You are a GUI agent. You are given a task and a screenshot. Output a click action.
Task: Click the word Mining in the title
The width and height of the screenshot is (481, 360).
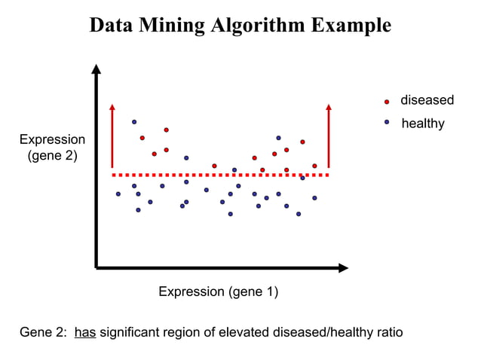173,25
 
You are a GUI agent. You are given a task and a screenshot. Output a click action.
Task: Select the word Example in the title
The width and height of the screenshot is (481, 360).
351,25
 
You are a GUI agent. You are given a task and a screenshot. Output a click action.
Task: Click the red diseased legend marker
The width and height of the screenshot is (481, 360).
387,101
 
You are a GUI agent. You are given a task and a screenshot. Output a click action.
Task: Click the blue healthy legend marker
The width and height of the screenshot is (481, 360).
387,122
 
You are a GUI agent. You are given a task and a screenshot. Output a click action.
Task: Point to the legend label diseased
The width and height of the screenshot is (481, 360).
427,100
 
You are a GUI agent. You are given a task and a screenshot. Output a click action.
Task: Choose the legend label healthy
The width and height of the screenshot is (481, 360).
423,123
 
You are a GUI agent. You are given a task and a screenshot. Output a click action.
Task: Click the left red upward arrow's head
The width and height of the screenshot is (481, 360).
112,107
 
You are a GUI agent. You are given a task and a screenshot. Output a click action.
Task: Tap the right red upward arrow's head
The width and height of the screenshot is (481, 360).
329,107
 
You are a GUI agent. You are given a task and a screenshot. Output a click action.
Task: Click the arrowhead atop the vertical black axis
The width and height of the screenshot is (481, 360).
96,69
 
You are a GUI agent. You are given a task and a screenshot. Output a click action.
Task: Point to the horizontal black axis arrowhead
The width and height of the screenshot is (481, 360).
343,267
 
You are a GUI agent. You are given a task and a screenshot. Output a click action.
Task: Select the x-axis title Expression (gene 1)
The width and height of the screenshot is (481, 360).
218,291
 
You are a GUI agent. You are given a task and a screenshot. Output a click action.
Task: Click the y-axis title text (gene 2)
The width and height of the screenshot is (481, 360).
52,156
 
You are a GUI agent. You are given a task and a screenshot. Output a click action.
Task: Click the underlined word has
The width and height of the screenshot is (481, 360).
85,332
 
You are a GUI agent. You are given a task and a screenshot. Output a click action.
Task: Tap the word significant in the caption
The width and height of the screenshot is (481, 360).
133,332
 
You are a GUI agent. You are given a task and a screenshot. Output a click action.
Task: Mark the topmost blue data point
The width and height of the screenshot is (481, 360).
134,121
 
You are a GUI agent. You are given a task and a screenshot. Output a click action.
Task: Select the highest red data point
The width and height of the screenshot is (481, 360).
166,130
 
